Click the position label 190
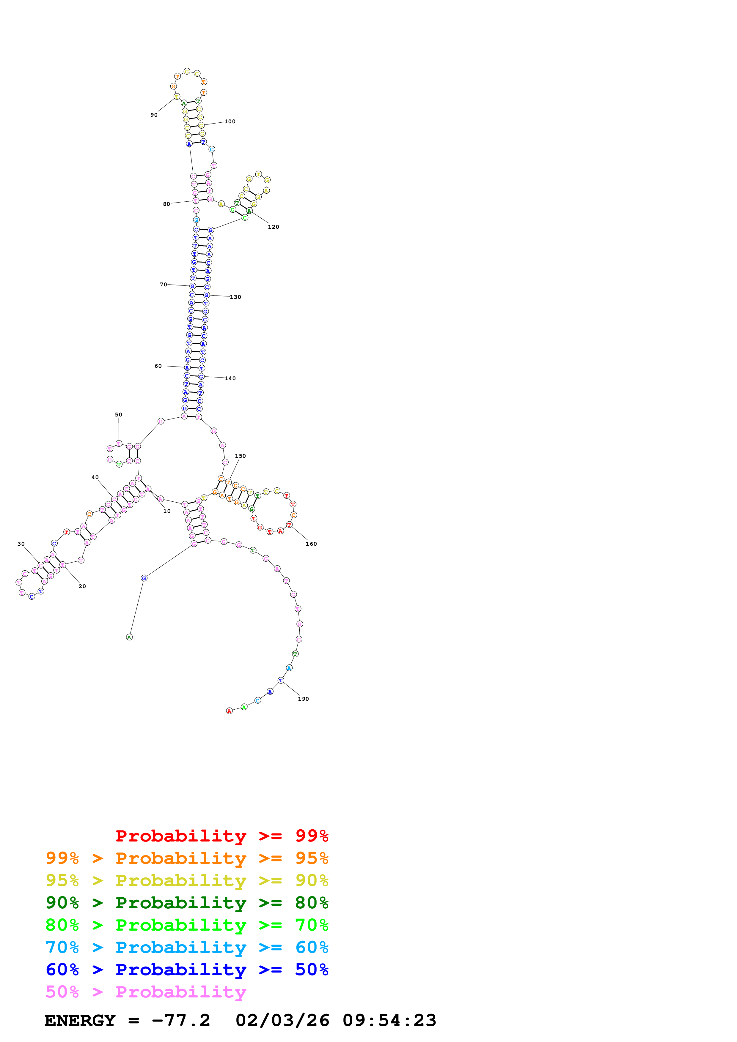(x=303, y=699)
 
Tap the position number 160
(x=311, y=544)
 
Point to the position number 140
(x=230, y=378)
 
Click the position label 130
(x=235, y=297)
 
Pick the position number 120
(x=274, y=227)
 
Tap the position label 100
(x=230, y=121)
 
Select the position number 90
(x=154, y=115)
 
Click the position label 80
(x=167, y=204)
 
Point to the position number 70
(x=164, y=285)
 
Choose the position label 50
(x=119, y=415)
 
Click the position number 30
(x=21, y=544)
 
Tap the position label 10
(x=167, y=511)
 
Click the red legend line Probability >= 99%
(x=221, y=836)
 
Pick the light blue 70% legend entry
(x=187, y=947)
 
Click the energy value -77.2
(x=181, y=1020)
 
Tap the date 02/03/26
(x=282, y=1020)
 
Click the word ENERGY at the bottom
(x=80, y=1020)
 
